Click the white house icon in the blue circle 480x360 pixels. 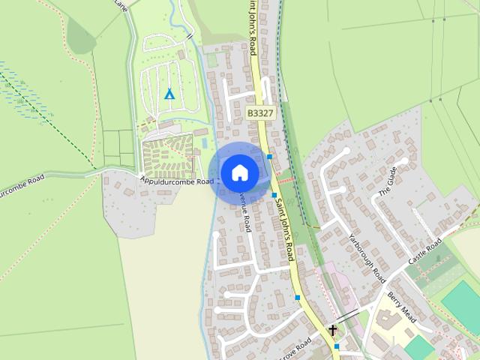click(239, 172)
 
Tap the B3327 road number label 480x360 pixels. click(260, 113)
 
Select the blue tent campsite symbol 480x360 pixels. click(169, 94)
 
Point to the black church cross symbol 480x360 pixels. click(332, 330)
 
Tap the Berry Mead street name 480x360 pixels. click(401, 303)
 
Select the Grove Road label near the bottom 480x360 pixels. click(293, 349)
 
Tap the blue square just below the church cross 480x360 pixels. click(337, 346)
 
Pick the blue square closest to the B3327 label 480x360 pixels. click(269, 156)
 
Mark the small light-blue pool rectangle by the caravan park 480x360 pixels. click(204, 142)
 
